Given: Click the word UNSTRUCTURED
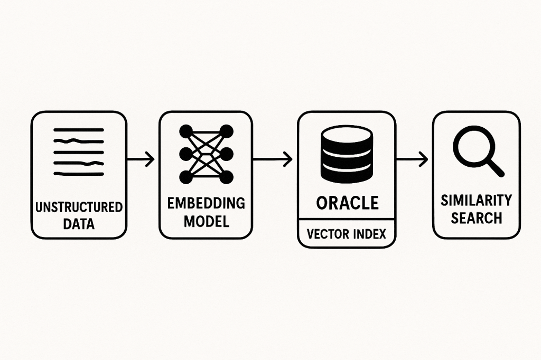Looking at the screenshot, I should (79, 206).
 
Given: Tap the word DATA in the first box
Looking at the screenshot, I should (79, 223).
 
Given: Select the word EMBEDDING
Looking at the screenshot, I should (206, 203).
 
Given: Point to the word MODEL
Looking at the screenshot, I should (206, 221).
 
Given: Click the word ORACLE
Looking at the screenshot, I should (347, 203).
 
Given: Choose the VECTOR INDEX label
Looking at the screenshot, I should (347, 233).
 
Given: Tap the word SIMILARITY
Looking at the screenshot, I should (476, 201).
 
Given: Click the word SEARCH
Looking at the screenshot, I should (476, 217).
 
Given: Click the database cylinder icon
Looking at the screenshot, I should (347, 154).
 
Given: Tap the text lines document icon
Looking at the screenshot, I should (79, 151).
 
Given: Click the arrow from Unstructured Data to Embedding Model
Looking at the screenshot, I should (142, 159).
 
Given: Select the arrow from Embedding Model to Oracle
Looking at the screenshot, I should (273, 159).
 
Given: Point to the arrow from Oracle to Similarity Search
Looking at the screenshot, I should (413, 159).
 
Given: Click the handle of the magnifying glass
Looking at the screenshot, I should (495, 167).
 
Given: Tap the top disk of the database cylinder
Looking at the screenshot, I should (347, 136).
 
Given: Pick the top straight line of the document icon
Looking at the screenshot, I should (79, 130).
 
